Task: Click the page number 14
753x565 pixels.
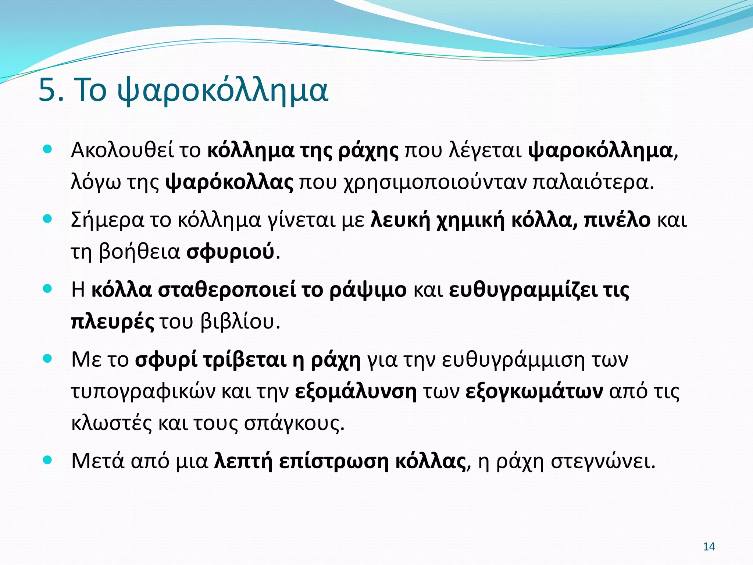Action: click(709, 547)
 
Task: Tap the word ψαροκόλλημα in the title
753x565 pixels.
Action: click(222, 91)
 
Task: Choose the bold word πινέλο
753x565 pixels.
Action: click(617, 220)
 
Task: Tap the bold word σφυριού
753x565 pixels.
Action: click(230, 253)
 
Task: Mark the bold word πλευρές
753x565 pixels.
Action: click(113, 322)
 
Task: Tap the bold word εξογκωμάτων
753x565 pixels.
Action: click(534, 392)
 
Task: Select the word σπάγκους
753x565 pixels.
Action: click(294, 424)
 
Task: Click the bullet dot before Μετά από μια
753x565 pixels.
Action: click(47, 460)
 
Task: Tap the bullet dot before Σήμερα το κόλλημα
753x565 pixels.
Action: click(47, 219)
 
